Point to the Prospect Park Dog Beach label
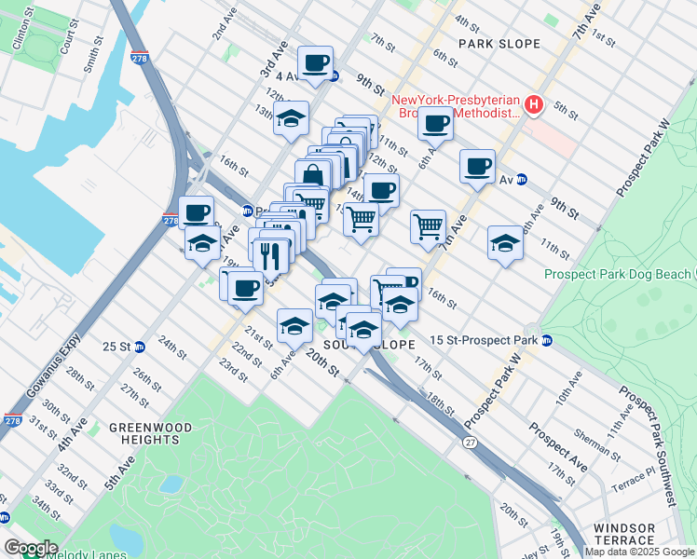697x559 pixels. [x=619, y=274]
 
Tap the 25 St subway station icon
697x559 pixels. [x=140, y=347]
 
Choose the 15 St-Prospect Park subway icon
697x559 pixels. [x=548, y=340]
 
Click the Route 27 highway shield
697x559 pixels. [x=470, y=442]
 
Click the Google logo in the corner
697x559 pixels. [x=31, y=547]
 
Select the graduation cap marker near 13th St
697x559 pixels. [x=292, y=118]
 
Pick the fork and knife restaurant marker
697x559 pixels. [x=270, y=252]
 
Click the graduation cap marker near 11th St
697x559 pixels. [x=504, y=244]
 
